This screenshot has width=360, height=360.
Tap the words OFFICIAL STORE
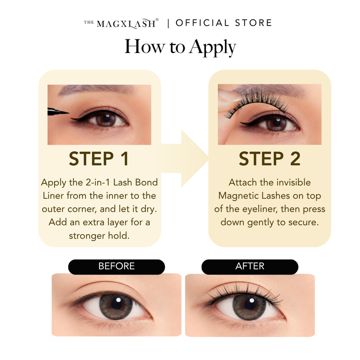(x=223, y=23)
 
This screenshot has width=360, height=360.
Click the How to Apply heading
(x=180, y=47)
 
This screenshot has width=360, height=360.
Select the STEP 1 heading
(x=98, y=158)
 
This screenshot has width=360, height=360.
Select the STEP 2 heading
(x=269, y=158)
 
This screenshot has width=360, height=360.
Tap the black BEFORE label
(x=116, y=266)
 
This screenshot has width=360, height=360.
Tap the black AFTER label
(x=250, y=266)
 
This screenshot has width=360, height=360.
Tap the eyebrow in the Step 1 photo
(x=96, y=89)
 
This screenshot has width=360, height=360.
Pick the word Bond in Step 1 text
(x=146, y=182)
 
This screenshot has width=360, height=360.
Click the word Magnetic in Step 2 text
(x=238, y=196)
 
